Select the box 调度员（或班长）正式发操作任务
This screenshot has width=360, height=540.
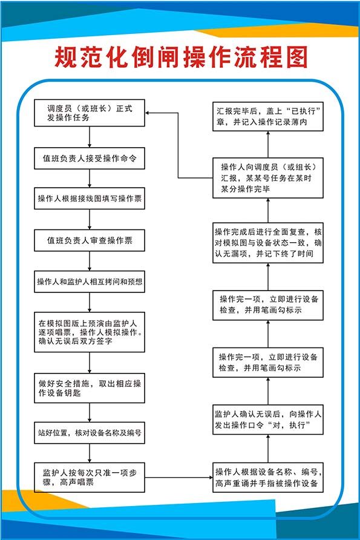click(90, 113)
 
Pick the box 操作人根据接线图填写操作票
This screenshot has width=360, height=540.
click(90, 199)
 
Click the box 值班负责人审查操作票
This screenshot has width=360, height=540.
click(90, 240)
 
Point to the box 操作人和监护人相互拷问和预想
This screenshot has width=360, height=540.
click(90, 282)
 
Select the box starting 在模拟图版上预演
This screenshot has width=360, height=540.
click(90, 332)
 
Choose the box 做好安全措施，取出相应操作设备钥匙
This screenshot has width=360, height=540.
click(90, 388)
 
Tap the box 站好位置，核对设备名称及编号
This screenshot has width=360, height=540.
click(90, 433)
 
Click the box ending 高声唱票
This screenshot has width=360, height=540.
click(90, 476)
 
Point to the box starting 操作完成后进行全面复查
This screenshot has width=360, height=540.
click(268, 243)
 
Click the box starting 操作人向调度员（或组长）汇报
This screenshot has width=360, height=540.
click(268, 177)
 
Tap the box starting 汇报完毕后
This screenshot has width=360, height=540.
click(268, 117)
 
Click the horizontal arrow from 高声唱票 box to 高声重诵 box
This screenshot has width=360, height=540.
click(178, 477)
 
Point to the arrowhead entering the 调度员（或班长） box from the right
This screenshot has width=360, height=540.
click(149, 113)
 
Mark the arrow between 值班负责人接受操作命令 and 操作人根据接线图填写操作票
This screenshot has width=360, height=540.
click(90, 178)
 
